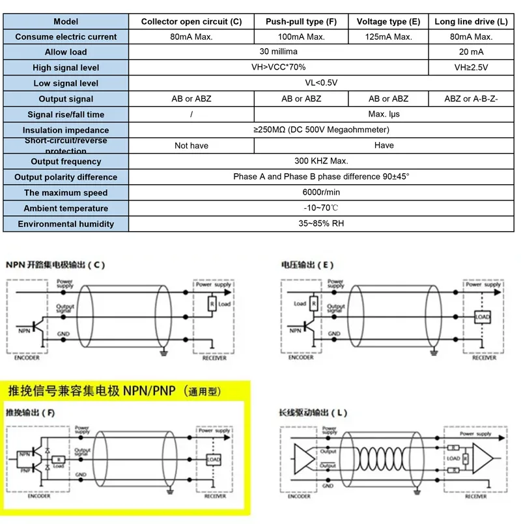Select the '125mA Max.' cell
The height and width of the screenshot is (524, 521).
(389, 37)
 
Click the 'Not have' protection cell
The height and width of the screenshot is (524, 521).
(191, 146)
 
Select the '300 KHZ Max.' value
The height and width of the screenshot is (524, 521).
(321, 161)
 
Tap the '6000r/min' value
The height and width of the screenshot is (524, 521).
(321, 193)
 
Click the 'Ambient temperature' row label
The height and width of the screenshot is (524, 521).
(66, 208)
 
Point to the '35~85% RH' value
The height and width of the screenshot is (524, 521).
(321, 224)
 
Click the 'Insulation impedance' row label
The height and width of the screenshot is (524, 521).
(66, 130)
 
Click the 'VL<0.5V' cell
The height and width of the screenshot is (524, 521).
(321, 83)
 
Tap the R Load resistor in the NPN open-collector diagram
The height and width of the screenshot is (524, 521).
(212, 303)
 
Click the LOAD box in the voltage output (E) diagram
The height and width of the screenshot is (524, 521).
(482, 318)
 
